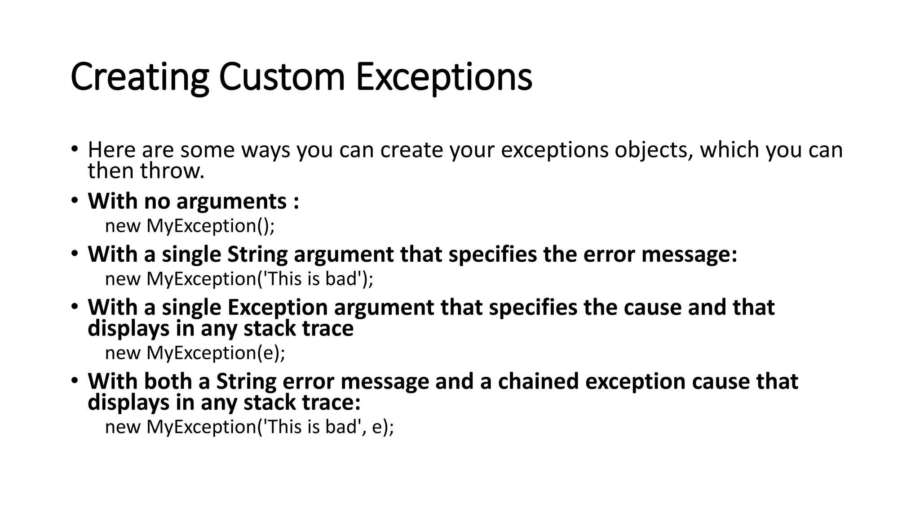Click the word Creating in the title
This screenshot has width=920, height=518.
point(139,77)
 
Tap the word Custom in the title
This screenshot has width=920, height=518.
point(282,77)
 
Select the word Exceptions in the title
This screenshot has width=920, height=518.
point(444,77)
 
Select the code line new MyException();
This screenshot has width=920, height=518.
point(190,226)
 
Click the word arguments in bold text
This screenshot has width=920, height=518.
point(231,201)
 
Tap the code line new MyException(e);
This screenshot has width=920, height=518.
point(195,353)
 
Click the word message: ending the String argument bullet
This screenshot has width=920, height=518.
point(690,255)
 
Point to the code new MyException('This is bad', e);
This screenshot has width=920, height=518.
point(249,427)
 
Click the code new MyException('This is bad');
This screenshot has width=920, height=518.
point(239,279)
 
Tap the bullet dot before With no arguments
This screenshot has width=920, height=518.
point(74,201)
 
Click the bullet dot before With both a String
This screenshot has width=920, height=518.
point(74,381)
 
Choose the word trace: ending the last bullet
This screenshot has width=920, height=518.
point(332,402)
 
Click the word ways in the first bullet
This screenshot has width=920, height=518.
point(265,150)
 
